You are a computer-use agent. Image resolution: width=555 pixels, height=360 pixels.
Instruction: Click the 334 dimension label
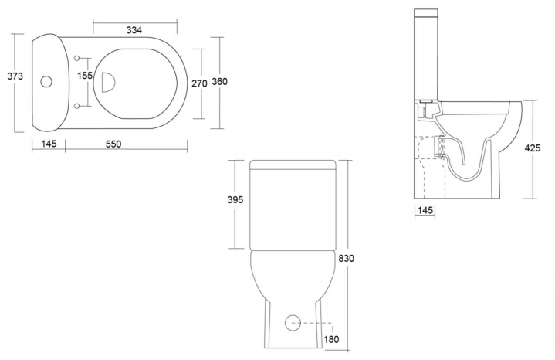point(134,30)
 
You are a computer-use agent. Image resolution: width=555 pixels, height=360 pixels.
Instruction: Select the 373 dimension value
point(15,76)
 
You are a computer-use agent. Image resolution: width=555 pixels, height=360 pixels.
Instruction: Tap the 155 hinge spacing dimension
point(85,76)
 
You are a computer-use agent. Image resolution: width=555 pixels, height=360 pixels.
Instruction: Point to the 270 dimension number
point(199,83)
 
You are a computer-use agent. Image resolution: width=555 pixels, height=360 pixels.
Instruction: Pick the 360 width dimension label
point(219,81)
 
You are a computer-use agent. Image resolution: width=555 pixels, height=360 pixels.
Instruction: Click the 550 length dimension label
point(113,144)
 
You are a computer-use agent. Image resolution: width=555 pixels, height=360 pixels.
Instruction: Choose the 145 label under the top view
point(49,144)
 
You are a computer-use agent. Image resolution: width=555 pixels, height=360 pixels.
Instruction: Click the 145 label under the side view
point(425,210)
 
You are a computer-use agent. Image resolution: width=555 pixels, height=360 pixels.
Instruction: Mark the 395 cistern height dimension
point(235,200)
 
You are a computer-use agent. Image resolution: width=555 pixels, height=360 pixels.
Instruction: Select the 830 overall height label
point(346,259)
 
